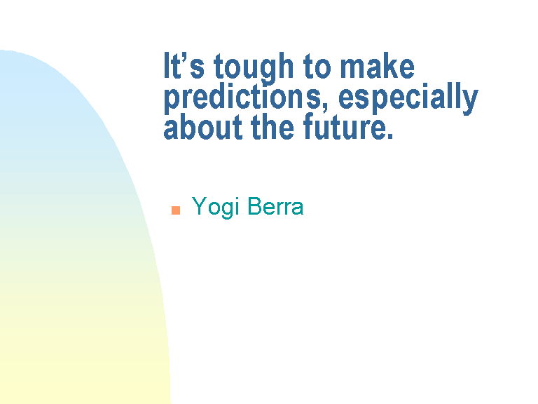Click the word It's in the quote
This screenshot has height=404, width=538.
(x=184, y=65)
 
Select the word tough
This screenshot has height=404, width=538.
(x=254, y=68)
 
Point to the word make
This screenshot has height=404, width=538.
(x=377, y=65)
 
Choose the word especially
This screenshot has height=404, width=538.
(x=408, y=98)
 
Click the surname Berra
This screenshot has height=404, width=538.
(x=275, y=206)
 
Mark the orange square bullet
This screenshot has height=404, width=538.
(x=176, y=210)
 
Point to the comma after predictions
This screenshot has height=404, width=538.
(x=324, y=108)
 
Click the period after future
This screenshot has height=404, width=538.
(x=389, y=135)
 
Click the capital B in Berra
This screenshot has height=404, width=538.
(x=254, y=206)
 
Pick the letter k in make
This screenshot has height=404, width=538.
(x=390, y=65)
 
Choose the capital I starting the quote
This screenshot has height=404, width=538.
(x=167, y=65)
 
